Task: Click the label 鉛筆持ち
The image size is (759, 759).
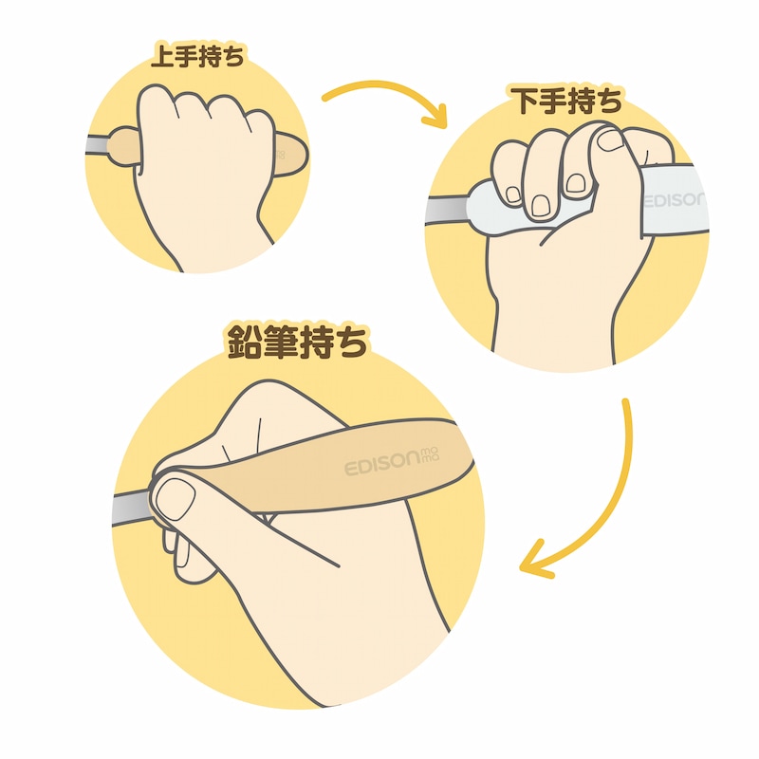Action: pos(296,342)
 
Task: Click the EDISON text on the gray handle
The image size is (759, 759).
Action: pos(675,199)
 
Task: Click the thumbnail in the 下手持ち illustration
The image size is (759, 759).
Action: pos(610,140)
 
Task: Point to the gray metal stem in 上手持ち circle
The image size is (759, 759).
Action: pos(98,145)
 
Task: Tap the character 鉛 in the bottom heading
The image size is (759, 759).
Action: pos(246,342)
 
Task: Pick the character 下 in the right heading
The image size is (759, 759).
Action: pos(527,100)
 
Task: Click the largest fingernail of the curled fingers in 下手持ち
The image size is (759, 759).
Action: pos(540,205)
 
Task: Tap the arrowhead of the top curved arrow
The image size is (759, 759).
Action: pos(435,116)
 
